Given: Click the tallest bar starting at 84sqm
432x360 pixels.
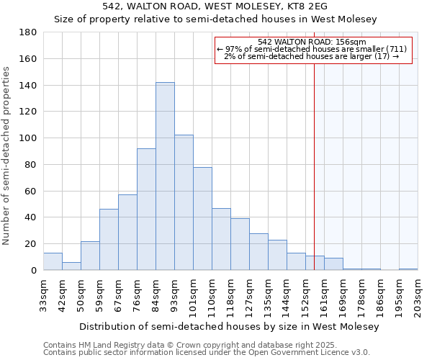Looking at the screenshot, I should coord(165,176).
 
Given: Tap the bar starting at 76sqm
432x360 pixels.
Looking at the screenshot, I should coord(146,210).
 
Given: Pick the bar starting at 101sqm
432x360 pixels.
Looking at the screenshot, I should coord(202,219).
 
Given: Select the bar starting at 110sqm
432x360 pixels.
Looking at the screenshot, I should coord(221,239).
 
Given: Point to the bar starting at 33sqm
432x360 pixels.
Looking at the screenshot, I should coord(53,262).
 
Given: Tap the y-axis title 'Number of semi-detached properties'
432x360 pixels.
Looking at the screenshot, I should coord(7,156).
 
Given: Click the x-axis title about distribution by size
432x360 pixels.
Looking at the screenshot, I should coord(228,326).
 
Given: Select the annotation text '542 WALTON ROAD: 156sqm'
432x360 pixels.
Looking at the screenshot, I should coord(312,42).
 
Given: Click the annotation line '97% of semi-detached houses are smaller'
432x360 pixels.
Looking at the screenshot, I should coord(312,49).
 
